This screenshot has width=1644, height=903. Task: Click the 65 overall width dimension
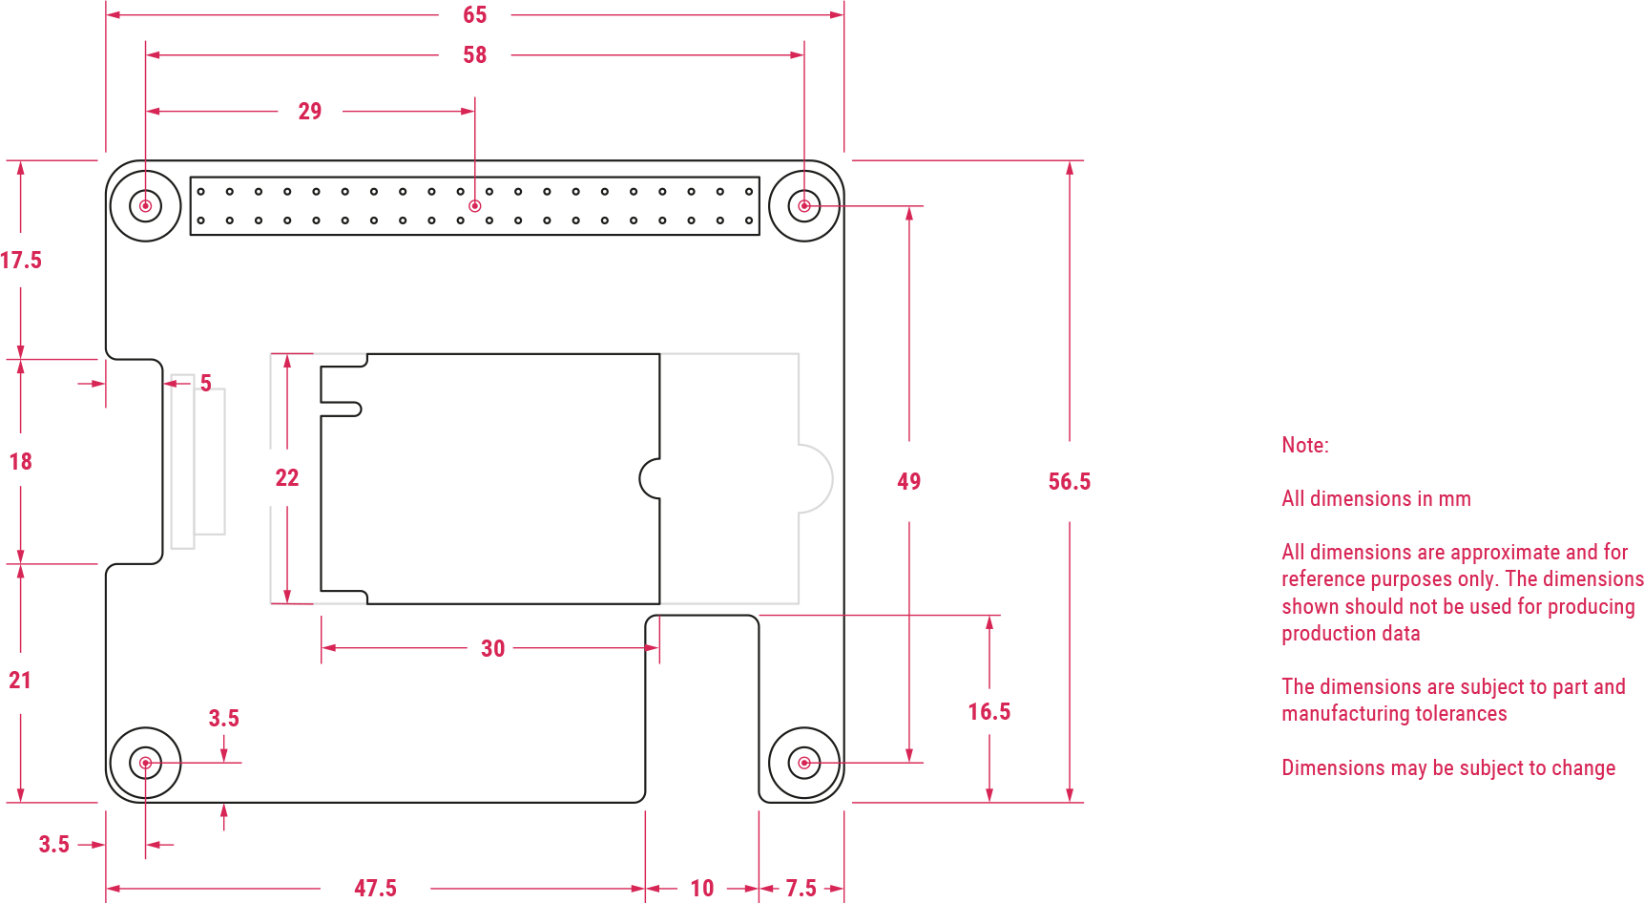tap(474, 15)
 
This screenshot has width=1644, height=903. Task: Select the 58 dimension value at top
tap(474, 55)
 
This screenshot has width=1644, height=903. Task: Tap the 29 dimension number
tap(310, 112)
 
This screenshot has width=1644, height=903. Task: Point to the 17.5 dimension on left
tap(21, 261)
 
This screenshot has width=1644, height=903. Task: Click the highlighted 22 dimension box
tap(287, 477)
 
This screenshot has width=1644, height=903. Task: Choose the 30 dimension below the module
tap(492, 649)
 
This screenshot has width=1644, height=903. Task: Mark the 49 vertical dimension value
tap(908, 482)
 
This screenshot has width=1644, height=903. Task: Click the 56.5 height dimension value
tap(1069, 482)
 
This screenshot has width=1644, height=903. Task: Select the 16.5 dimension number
tap(988, 712)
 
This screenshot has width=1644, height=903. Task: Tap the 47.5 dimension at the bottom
tap(375, 889)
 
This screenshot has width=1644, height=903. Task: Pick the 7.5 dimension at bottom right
tap(801, 889)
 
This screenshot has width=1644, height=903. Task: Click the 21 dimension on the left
tap(20, 681)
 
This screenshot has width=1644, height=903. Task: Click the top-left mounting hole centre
tap(145, 206)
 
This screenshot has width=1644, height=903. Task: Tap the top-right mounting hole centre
tap(804, 206)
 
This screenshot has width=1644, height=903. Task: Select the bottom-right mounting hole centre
tap(804, 763)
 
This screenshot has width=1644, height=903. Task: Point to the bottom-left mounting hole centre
tap(145, 763)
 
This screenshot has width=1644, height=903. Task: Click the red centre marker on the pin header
tap(475, 206)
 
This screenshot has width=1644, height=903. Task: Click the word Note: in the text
tap(1304, 446)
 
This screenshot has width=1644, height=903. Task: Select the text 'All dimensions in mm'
tap(1375, 499)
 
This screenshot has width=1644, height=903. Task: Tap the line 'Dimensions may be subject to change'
tap(1447, 768)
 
